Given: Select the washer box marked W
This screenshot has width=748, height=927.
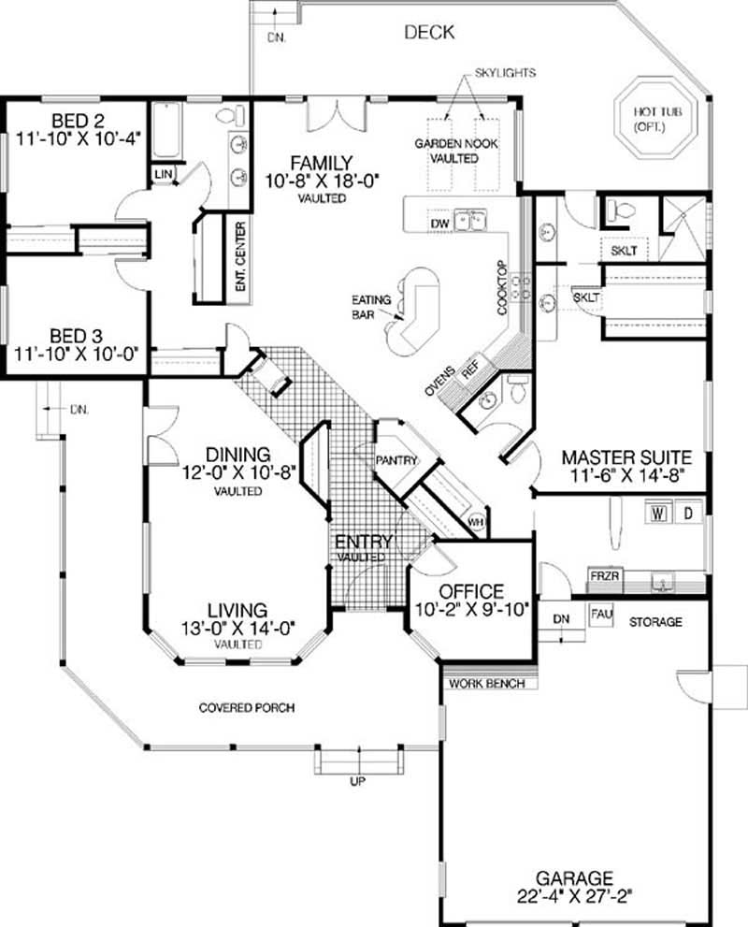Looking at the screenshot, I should (x=658, y=514).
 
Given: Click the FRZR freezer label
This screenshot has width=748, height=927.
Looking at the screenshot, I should (x=602, y=576).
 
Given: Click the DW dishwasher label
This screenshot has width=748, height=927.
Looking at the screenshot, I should (x=440, y=225).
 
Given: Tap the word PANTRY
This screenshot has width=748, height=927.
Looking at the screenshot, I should (x=396, y=460).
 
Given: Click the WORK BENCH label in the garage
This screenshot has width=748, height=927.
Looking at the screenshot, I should (x=486, y=684).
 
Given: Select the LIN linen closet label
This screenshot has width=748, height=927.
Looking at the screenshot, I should (x=163, y=174).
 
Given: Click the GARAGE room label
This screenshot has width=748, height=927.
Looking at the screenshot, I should (x=574, y=878).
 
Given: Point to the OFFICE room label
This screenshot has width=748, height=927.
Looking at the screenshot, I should (x=472, y=592).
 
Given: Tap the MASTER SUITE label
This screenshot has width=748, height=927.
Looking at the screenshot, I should (x=626, y=457).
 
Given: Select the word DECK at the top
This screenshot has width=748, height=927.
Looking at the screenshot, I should (x=429, y=33).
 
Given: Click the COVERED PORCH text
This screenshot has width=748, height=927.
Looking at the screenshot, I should (x=246, y=708).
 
